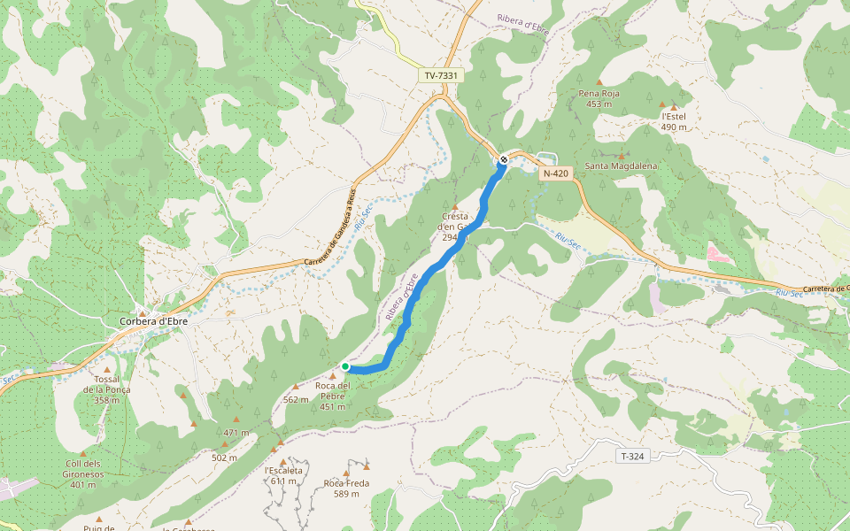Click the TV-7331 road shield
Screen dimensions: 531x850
click(441, 76)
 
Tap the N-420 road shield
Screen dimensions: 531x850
click(555, 173)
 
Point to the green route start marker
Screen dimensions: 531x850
click(345, 366)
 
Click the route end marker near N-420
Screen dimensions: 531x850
click(504, 159)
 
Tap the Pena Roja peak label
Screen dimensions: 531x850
click(599, 93)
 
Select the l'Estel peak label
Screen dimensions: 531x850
click(674, 116)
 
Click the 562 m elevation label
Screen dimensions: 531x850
click(296, 399)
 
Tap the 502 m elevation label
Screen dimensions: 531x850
click(224, 458)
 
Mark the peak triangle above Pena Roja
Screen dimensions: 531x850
click(599, 82)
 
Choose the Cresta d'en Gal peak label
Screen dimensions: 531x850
click(455, 227)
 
